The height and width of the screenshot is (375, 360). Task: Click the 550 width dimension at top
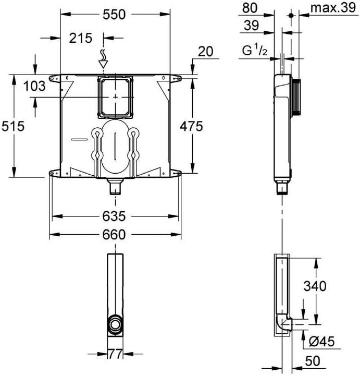pyautogui.click(x=114, y=15)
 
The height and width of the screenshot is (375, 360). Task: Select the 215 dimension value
pyautogui.click(x=81, y=38)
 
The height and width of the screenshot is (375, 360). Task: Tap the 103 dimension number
pyautogui.click(x=35, y=87)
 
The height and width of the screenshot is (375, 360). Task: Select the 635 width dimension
pyautogui.click(x=115, y=215)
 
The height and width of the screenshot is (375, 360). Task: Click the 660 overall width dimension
pyautogui.click(x=115, y=235)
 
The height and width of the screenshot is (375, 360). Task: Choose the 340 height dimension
pyautogui.click(x=315, y=286)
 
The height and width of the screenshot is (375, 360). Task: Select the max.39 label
pyautogui.click(x=331, y=8)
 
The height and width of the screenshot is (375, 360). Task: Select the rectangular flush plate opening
pyautogui.click(x=115, y=97)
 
